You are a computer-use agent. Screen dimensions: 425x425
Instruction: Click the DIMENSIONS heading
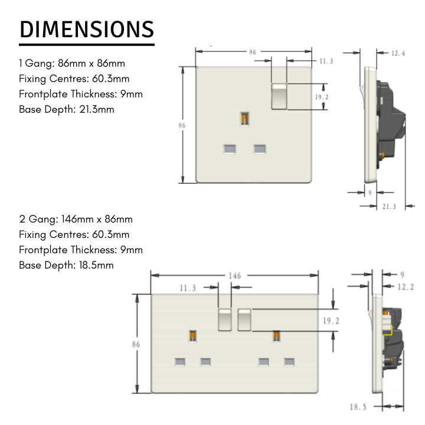tap(87, 30)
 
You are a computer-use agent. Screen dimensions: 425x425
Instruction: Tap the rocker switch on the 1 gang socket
tap(279, 96)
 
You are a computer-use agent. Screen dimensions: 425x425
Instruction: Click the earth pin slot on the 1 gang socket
tap(245, 119)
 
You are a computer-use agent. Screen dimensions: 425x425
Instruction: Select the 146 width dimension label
tap(235, 276)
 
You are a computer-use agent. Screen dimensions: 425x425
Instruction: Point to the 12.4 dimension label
tap(398, 53)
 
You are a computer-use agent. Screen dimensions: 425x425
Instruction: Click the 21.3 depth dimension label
tap(389, 207)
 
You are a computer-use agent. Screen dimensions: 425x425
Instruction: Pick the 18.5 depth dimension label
tap(358, 407)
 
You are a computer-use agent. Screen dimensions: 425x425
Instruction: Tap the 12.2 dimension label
tap(406, 287)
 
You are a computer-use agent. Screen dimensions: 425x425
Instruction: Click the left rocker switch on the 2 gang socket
tap(225, 320)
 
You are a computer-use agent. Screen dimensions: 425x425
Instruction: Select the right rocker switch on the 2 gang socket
tap(244, 320)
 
